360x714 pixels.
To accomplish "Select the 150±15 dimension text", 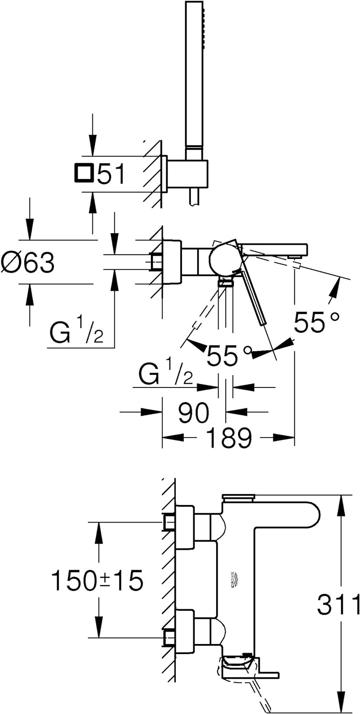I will coord(97,581).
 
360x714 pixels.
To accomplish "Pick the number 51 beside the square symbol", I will coord(111,175).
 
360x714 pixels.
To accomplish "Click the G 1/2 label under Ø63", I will coord(76,334).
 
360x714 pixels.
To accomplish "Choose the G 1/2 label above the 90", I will coord(166,375).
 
